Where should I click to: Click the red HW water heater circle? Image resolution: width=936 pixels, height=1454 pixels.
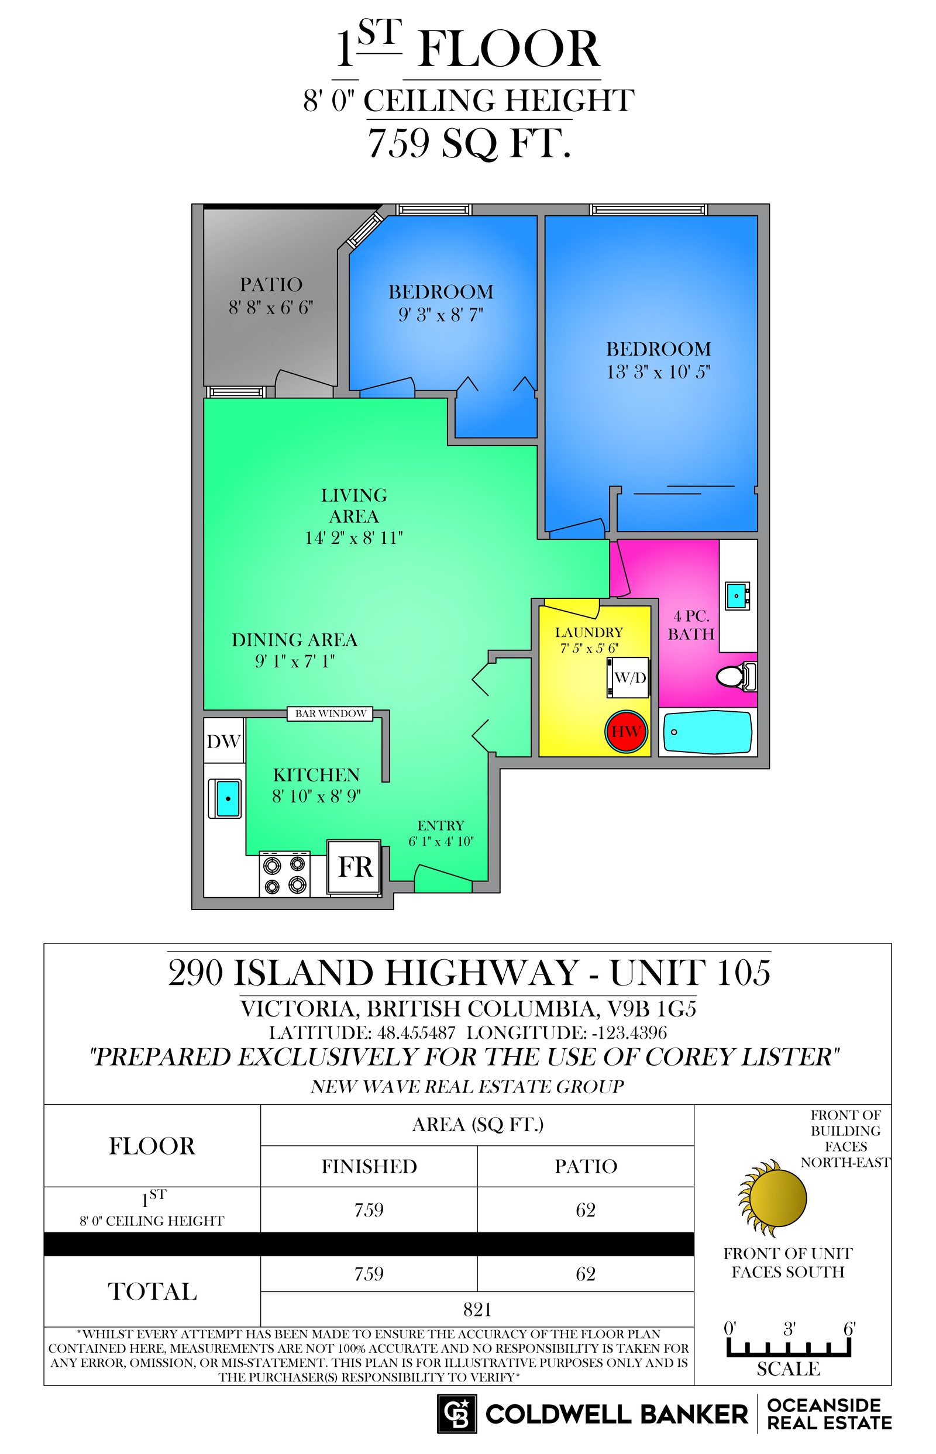626,732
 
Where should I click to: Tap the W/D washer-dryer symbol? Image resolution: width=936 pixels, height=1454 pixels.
629,677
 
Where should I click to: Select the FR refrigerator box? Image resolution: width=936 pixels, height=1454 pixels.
355,867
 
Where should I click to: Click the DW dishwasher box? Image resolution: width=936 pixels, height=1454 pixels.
223,740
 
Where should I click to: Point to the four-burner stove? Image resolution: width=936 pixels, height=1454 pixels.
284,874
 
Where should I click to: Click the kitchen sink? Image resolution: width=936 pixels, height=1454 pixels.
225,798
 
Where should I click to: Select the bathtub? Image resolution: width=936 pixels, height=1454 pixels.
707,732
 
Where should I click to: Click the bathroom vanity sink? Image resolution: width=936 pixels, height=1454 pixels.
737,596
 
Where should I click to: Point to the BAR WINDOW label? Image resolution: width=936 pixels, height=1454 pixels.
330,714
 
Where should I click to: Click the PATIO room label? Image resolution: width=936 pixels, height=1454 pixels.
271,284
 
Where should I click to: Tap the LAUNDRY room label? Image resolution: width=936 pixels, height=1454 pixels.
589,632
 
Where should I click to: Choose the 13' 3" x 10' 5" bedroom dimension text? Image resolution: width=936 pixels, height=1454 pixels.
658,372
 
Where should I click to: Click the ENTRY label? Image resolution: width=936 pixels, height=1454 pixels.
441,826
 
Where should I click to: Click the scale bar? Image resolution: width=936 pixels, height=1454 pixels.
789,1348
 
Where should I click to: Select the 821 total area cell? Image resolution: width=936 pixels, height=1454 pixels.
477,1310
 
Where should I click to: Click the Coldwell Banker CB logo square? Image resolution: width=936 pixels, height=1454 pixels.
457,1414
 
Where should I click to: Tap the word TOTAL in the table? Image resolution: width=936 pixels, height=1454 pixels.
153,1292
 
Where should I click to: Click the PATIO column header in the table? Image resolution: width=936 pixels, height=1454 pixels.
586,1167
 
